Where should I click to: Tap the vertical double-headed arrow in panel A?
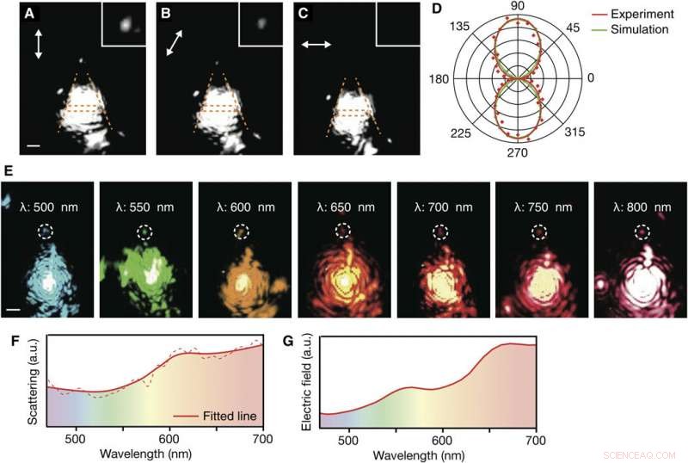click(x=37, y=43)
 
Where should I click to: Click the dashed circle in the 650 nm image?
click(x=343, y=231)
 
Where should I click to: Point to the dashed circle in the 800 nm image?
click(x=642, y=231)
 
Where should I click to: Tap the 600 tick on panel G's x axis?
click(x=442, y=439)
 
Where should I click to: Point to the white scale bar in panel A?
click(x=34, y=146)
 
